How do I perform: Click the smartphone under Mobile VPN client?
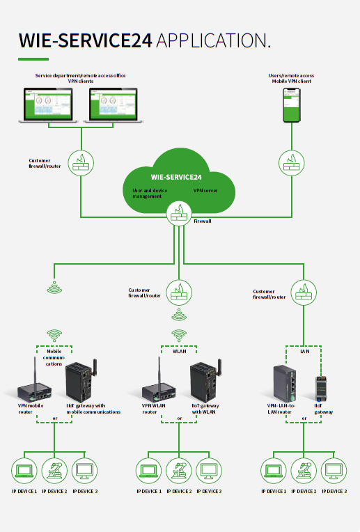[x=292, y=105]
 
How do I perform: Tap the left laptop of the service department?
[x=48, y=105]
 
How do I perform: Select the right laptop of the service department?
[x=114, y=105]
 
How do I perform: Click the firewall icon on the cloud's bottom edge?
[x=179, y=214]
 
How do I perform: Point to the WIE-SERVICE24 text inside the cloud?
[x=176, y=177]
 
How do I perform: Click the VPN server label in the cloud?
[x=205, y=191]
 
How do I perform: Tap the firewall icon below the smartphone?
[x=292, y=163]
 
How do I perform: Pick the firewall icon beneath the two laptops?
[x=81, y=163]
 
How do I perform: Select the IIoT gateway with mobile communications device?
[x=81, y=381]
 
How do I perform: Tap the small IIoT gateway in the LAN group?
[x=321, y=389]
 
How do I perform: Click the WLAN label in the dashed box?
[x=180, y=351]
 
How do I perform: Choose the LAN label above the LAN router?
[x=305, y=351]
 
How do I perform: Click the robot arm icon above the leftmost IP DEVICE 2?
[x=54, y=471]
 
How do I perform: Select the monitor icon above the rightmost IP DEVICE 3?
[x=334, y=471]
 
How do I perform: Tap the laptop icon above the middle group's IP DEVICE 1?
[x=148, y=471]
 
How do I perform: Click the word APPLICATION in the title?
[x=213, y=40]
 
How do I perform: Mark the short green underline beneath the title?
[x=33, y=59]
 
